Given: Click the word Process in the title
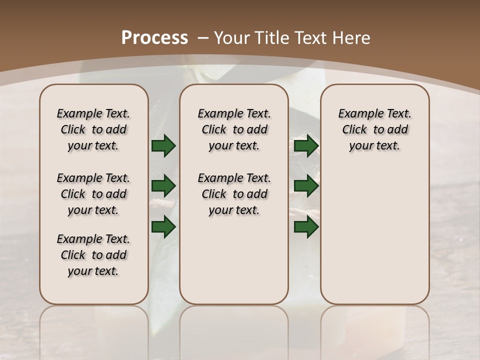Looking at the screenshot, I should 154,38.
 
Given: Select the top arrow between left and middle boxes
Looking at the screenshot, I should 163,145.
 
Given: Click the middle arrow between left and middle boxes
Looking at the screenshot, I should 163,186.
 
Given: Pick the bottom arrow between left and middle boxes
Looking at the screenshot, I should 163,226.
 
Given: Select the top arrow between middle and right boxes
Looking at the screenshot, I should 306,145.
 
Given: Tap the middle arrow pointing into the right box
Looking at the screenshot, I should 306,186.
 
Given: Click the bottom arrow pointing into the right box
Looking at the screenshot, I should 306,226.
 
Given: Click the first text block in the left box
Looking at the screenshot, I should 93,129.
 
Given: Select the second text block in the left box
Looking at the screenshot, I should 93,194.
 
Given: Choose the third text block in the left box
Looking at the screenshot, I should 93,255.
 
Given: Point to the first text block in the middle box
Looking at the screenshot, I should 234,129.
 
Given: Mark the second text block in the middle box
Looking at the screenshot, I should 234,194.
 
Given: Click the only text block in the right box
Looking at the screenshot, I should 375,129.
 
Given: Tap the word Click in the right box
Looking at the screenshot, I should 354,129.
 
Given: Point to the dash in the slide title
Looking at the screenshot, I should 202,38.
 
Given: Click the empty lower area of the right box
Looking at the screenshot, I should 375,240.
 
